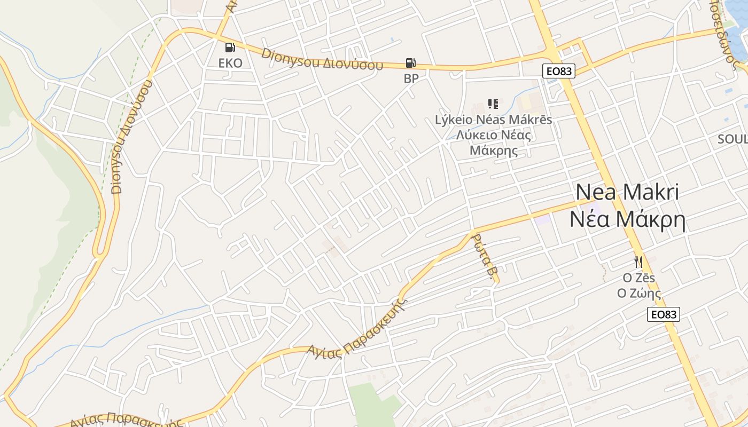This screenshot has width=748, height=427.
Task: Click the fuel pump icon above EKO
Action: tap(230, 48)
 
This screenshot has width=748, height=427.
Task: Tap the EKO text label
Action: tap(230, 63)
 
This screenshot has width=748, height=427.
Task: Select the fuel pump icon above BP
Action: tap(410, 63)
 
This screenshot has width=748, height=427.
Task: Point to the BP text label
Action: tap(411, 78)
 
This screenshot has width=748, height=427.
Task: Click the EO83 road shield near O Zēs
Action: tap(663, 314)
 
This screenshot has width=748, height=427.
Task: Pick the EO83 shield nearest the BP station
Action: tap(559, 71)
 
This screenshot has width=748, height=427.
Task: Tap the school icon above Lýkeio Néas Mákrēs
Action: tap(493, 104)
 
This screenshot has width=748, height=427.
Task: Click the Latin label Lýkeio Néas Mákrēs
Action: tap(493, 120)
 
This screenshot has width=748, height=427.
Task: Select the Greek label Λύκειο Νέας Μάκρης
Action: tap(494, 143)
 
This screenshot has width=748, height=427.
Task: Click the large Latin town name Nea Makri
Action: tap(627, 192)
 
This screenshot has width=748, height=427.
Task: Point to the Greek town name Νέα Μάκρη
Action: tap(627, 219)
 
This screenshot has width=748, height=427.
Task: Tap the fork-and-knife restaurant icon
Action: tap(638, 262)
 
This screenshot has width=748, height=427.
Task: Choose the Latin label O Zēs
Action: tap(639, 278)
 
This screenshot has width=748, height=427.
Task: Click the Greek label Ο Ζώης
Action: tap(639, 293)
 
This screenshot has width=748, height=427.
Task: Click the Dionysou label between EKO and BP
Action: tap(323, 60)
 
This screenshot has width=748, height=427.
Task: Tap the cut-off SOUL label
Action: tap(733, 139)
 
